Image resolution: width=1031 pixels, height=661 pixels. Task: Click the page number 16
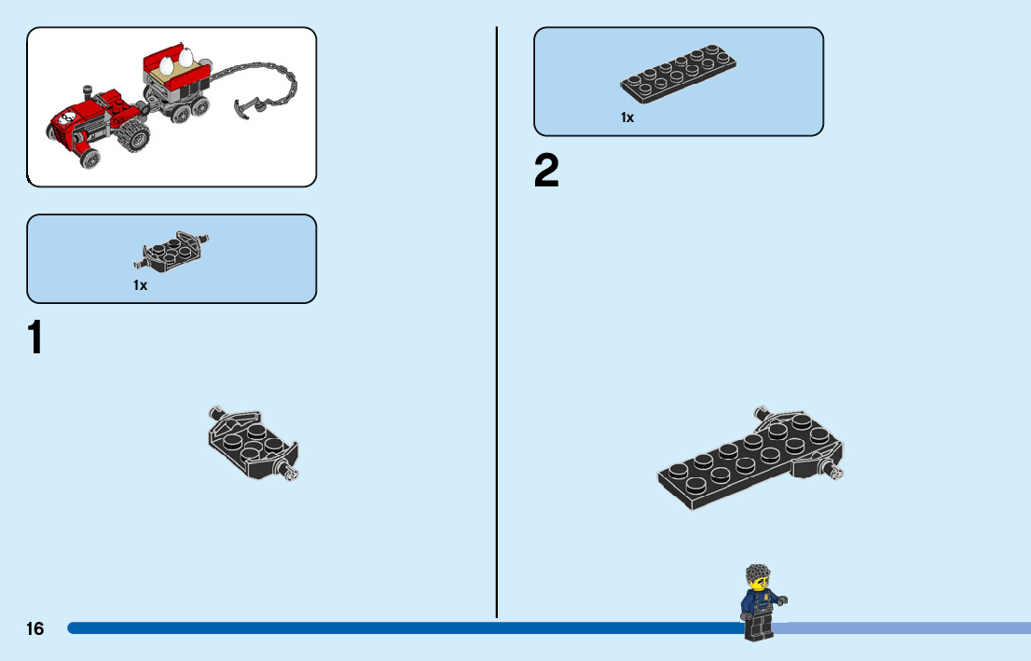[x=34, y=629]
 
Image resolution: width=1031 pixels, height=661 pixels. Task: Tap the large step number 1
[x=35, y=338]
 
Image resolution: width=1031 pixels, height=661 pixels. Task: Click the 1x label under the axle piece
[x=140, y=286]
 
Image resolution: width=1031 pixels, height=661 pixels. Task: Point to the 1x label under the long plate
[x=627, y=118]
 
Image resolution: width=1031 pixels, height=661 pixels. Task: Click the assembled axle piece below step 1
[x=251, y=444]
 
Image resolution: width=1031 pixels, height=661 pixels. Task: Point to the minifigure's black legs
[x=758, y=628]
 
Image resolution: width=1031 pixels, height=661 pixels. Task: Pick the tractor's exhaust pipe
[x=89, y=94]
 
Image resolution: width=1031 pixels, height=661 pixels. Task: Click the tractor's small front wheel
[x=89, y=158]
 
